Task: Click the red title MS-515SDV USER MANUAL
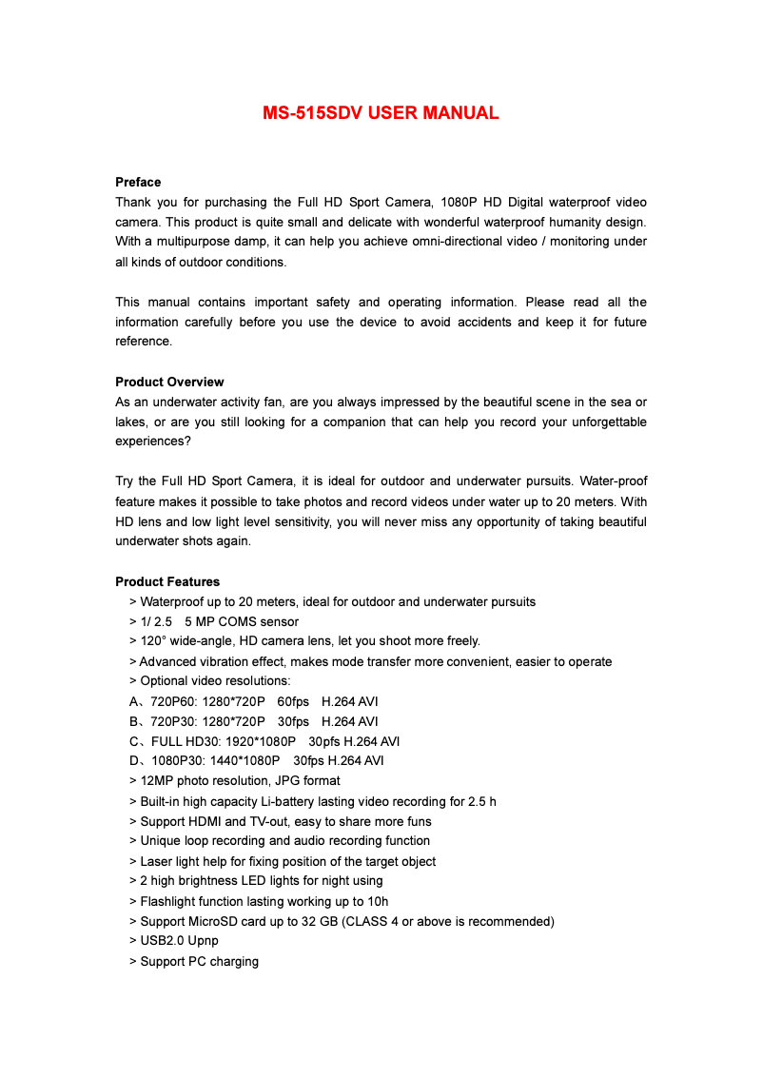click(x=381, y=113)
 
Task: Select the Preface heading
click(x=138, y=182)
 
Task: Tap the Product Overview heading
click(x=169, y=382)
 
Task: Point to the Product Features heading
click(x=167, y=581)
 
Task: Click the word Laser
click(x=157, y=861)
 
